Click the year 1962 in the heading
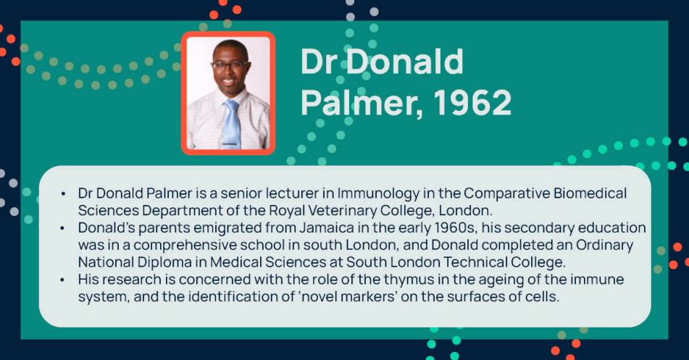click(x=473, y=102)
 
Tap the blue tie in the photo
click(x=231, y=125)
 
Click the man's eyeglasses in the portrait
click(x=230, y=65)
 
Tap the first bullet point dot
click(x=63, y=194)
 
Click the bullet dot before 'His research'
click(x=63, y=280)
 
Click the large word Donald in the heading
click(x=405, y=62)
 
